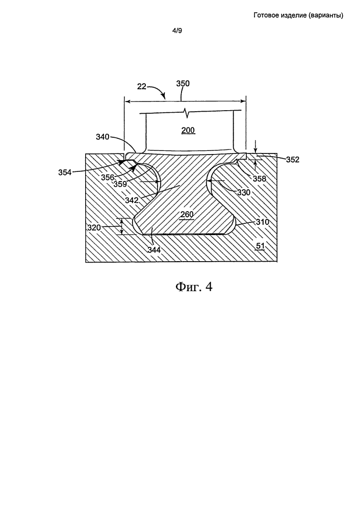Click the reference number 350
183,84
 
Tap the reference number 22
141,87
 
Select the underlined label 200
188,131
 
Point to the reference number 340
102,137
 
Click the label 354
65,172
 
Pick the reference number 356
107,177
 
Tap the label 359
120,184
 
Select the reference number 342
132,200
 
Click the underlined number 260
187,215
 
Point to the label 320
94,227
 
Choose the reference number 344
154,250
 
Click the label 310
263,222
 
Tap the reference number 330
244,193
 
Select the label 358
260,178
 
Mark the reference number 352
293,159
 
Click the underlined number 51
261,246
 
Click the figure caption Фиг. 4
194,287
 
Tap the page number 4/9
177,31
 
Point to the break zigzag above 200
187,113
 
